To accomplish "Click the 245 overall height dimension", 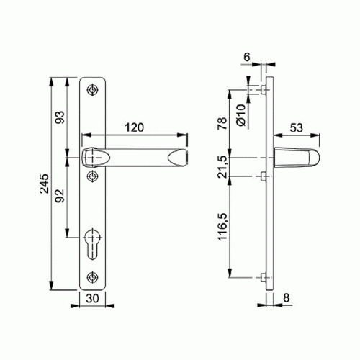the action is tap(45, 184).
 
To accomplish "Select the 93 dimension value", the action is tap(60, 117).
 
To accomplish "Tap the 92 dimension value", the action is tap(60, 196).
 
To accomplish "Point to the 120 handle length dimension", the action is tap(135, 127).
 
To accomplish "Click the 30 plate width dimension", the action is tap(92, 299).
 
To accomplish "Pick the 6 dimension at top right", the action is tap(247, 57).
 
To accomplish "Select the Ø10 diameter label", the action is tap(241, 115).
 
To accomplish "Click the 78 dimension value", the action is tap(222, 123).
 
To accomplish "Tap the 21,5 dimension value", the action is tap(222, 166).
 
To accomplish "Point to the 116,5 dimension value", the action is tap(222, 227).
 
